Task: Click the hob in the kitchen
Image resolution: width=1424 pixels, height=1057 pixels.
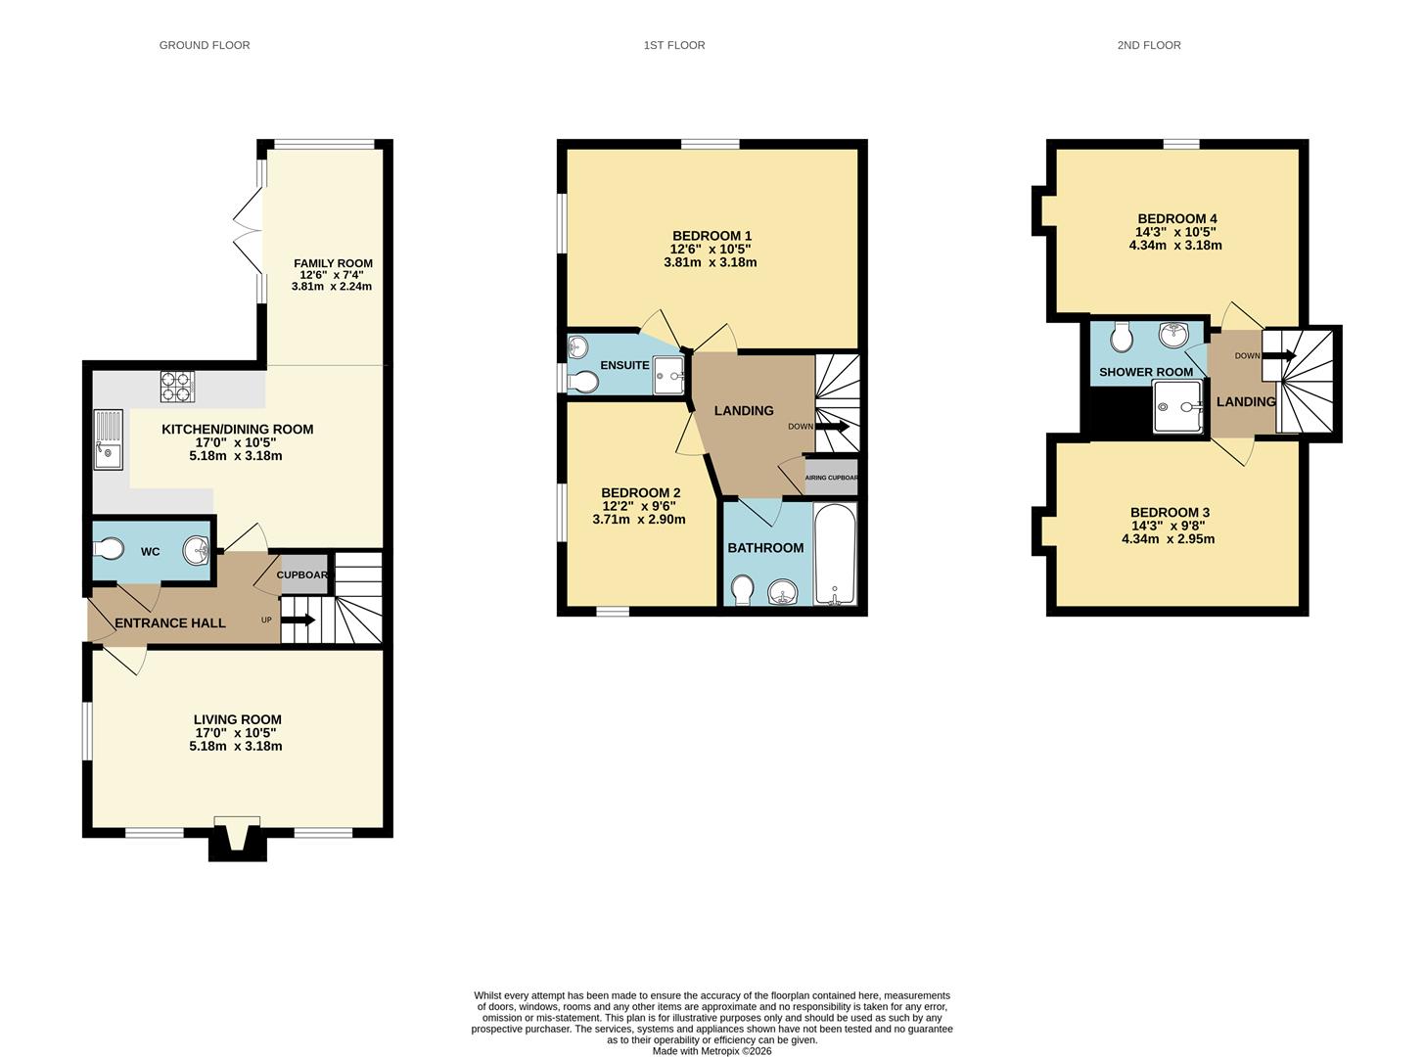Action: coord(177,388)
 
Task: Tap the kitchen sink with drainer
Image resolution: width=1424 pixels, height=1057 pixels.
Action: coord(109,439)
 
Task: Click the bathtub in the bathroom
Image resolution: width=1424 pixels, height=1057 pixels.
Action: coord(835,555)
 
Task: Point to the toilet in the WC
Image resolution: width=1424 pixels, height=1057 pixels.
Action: coord(109,549)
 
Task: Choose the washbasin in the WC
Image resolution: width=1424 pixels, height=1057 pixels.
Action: coord(197,551)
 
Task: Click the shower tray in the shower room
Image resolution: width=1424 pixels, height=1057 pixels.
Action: coord(1177,407)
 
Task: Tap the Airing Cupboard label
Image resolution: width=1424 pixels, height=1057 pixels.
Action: coord(831,478)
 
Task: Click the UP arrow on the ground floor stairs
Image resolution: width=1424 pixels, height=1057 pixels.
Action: coord(299,620)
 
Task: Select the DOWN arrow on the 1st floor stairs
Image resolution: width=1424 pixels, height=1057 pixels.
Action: coord(832,427)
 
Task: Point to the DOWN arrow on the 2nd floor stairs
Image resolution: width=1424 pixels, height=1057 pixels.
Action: coord(1278,355)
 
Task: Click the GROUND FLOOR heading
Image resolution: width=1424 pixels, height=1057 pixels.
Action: coord(205,45)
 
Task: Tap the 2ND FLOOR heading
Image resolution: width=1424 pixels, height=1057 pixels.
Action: coord(1148,45)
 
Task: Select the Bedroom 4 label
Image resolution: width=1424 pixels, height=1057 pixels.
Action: coord(1176,218)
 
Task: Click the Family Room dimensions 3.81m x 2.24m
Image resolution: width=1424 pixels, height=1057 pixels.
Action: coord(332,287)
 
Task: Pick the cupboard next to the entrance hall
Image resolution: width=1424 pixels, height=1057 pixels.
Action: coord(300,574)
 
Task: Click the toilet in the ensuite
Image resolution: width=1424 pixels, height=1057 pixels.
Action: coord(584,382)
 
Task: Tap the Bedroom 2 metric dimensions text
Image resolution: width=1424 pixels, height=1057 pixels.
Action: coord(639,520)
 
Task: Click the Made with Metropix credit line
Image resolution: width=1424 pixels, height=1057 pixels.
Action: coord(712,1051)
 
